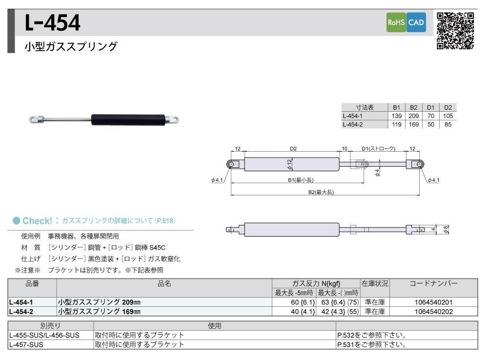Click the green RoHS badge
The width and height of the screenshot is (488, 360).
click(x=396, y=22)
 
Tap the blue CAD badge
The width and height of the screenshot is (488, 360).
click(x=416, y=22)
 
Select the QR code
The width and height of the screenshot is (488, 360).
click(x=455, y=31)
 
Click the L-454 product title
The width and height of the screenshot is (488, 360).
click(x=52, y=23)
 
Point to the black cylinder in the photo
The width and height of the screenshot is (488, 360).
click(x=128, y=120)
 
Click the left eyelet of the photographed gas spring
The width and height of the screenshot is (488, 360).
click(x=37, y=119)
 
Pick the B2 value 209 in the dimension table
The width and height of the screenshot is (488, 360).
click(x=414, y=116)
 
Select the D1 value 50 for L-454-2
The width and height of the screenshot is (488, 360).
click(x=431, y=124)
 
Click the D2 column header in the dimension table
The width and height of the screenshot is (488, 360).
click(x=448, y=107)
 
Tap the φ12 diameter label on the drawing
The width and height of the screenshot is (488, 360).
click(x=289, y=164)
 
